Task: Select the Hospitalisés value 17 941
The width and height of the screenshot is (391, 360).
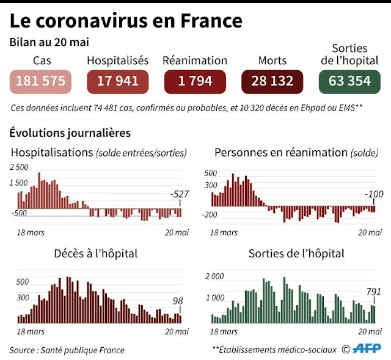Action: pos(118,81)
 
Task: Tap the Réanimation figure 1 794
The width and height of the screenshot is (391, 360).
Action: pos(195,81)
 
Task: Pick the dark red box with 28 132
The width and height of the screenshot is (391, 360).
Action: pos(272,81)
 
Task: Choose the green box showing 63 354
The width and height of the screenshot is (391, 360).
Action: pos(349,81)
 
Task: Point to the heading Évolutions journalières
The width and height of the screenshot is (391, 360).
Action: pos(70,133)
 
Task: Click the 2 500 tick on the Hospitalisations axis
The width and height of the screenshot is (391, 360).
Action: pos(18,167)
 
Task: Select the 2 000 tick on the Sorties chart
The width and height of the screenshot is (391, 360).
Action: pos(214,276)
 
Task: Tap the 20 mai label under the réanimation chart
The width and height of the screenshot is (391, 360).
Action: pos(370,232)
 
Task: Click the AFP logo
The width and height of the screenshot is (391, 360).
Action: pos(367,350)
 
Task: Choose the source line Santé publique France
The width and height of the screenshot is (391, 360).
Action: pos(67,350)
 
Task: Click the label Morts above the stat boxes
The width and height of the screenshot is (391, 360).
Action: pos(272,61)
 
